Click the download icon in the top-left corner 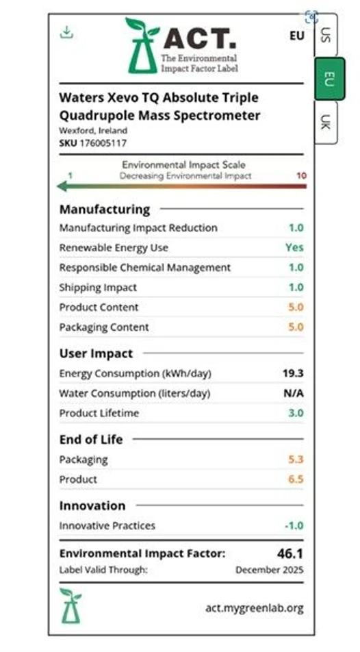pos(66,32)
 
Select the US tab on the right pos(326,35)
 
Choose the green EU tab pos(329,79)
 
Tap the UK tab pos(326,123)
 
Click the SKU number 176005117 pos(103,142)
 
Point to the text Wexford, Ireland pos(93,130)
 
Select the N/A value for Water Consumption pos(294,393)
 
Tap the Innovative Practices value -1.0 pos(294,525)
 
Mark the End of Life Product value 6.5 pos(296,479)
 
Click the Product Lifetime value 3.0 pos(296,413)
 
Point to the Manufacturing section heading pos(104,209)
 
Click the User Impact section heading pos(96,353)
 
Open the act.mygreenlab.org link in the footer pos(254,607)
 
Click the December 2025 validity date pos(270,569)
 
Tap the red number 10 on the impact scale pos(301,175)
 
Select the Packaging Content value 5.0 pos(296,327)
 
